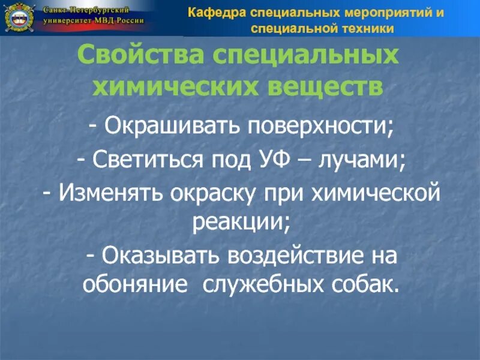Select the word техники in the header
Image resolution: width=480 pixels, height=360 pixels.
[365, 28]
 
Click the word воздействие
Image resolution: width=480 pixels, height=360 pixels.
[297, 256]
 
